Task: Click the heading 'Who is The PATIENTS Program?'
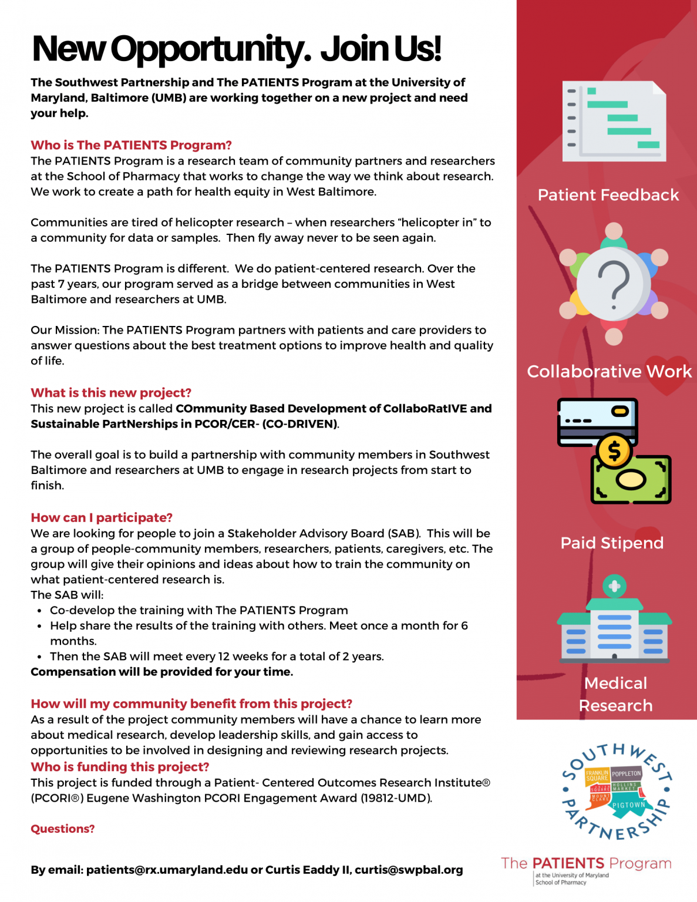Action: tap(131, 145)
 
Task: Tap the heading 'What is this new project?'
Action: tap(111, 393)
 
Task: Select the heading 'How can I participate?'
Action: tap(102, 518)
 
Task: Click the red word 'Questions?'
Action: tap(63, 829)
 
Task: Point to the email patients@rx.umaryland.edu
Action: tap(167, 870)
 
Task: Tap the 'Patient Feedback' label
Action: tap(608, 195)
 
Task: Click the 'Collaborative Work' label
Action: tap(609, 372)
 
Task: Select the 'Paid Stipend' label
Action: tap(612, 543)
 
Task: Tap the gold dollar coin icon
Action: tap(614, 451)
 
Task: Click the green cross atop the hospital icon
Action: tap(614, 586)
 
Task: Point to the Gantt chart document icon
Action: tap(614, 122)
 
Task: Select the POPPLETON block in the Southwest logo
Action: tap(626, 774)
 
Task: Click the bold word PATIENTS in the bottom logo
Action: tap(568, 863)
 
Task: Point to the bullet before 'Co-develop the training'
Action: tap(39, 611)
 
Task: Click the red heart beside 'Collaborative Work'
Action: tap(667, 374)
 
